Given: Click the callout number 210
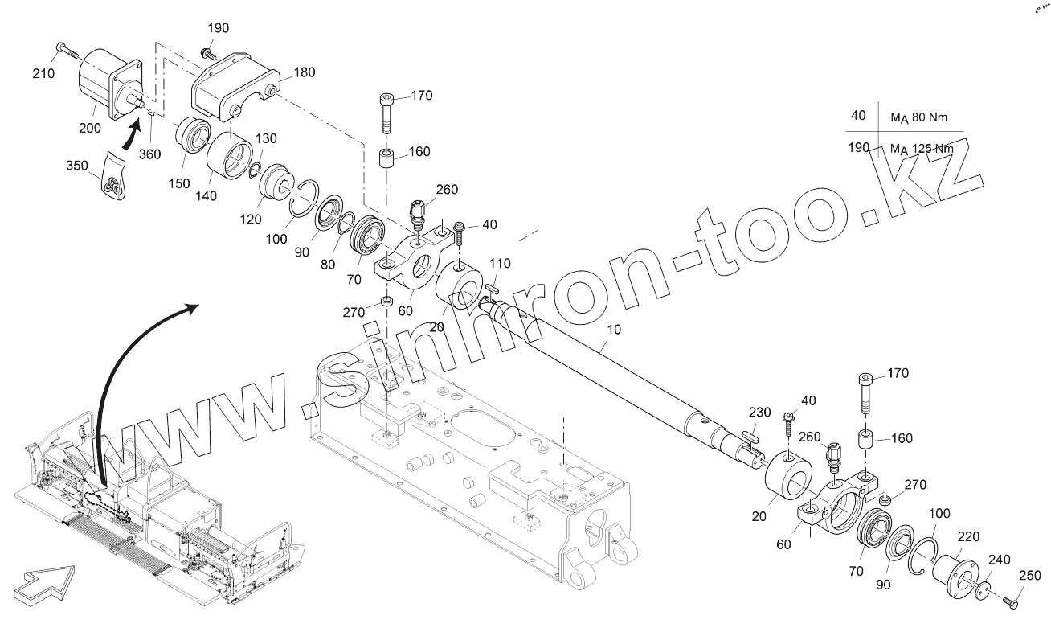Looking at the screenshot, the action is (44, 73).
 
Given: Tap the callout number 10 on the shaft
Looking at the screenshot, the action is (614, 330).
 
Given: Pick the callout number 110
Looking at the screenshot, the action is (500, 264).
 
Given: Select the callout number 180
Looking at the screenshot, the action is (305, 72).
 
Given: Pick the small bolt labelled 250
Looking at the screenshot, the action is (1011, 599).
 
